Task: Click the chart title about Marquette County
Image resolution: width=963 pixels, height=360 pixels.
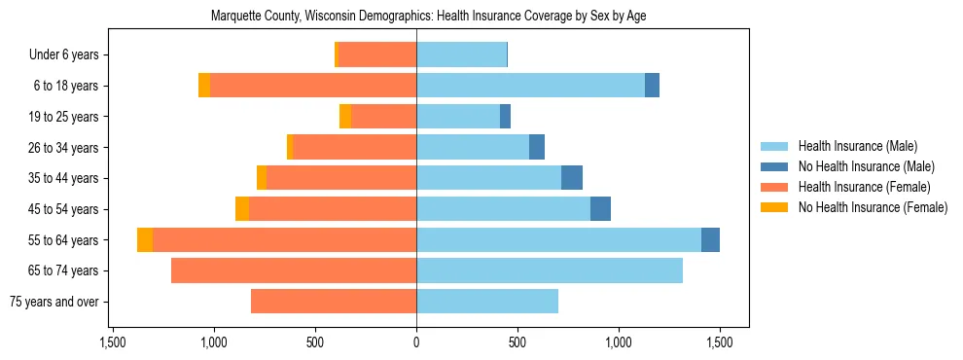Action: [x=428, y=17]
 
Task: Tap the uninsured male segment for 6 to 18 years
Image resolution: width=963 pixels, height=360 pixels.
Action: [x=652, y=86]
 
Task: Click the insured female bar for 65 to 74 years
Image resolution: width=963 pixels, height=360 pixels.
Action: [x=294, y=270]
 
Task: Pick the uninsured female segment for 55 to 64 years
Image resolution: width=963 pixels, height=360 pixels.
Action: [x=145, y=239]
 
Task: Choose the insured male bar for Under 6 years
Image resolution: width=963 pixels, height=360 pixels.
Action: [x=461, y=54]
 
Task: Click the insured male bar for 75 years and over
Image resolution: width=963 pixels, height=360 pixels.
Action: [x=487, y=302]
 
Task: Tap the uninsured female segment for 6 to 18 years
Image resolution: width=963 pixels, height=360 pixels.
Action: [x=204, y=86]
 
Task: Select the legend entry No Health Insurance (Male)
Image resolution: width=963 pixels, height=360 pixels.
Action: [x=866, y=166]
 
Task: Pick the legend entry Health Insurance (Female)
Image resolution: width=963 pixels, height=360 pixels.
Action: [x=864, y=187]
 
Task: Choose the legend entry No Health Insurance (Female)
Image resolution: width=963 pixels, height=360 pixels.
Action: [x=873, y=207]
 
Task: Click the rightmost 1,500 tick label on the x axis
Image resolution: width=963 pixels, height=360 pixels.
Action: [x=720, y=342]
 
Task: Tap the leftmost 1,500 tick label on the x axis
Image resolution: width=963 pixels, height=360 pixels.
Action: [x=113, y=342]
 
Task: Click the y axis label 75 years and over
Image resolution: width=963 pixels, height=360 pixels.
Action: [x=57, y=302]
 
